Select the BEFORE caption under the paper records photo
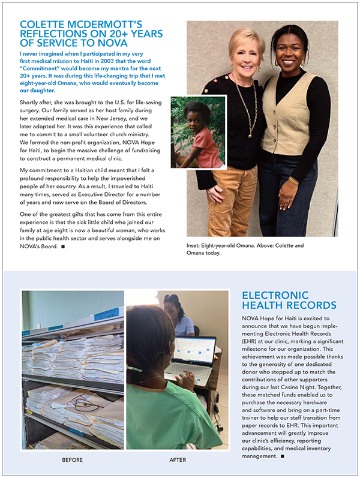click(x=73, y=460)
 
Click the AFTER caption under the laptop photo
click(x=177, y=460)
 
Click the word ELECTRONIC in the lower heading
click(x=275, y=296)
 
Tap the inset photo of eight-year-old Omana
click(x=198, y=133)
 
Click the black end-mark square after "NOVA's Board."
click(x=64, y=246)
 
